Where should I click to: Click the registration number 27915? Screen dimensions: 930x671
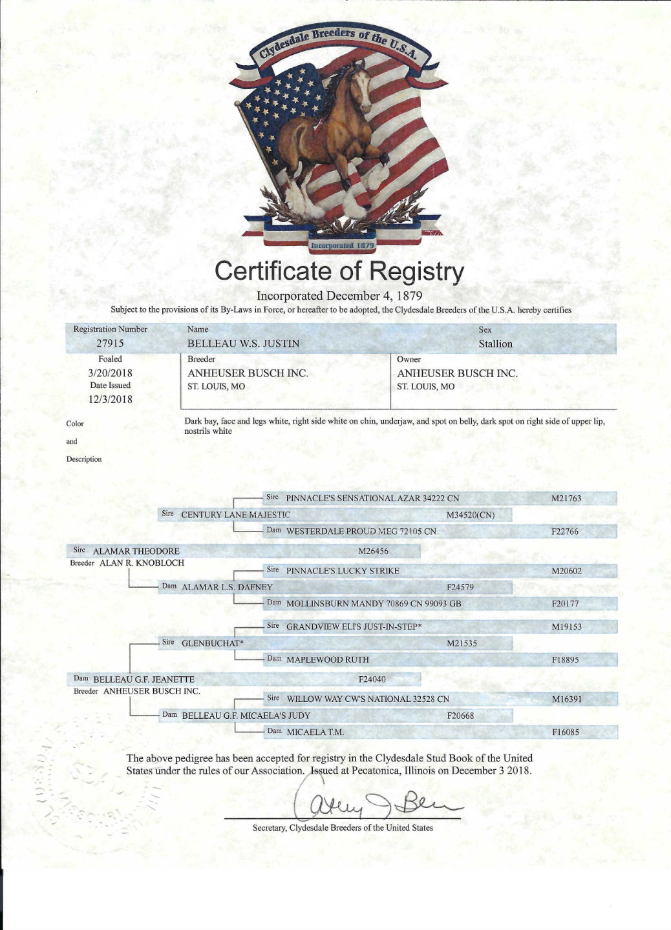tap(110, 344)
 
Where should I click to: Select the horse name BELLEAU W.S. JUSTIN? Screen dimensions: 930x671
tap(243, 344)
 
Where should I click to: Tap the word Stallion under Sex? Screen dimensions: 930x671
tap(495, 344)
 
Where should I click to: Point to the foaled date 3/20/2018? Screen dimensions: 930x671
tap(110, 373)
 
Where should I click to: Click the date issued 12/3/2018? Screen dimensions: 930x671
tap(110, 399)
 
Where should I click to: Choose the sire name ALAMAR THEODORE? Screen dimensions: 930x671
tap(136, 552)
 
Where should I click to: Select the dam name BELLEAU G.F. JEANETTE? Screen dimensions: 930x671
tap(144, 679)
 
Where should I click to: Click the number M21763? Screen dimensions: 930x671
tap(566, 499)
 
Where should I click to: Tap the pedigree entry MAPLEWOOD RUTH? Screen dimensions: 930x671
tap(328, 660)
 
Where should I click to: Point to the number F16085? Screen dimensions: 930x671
tap(566, 732)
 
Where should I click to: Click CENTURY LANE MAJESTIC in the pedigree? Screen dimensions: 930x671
tap(236, 515)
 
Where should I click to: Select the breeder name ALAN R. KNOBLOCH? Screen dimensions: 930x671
tap(142, 563)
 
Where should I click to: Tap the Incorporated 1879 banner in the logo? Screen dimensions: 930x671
tap(342, 245)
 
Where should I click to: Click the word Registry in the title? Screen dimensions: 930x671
tap(416, 272)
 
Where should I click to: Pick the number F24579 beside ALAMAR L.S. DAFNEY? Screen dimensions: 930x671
tap(460, 588)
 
